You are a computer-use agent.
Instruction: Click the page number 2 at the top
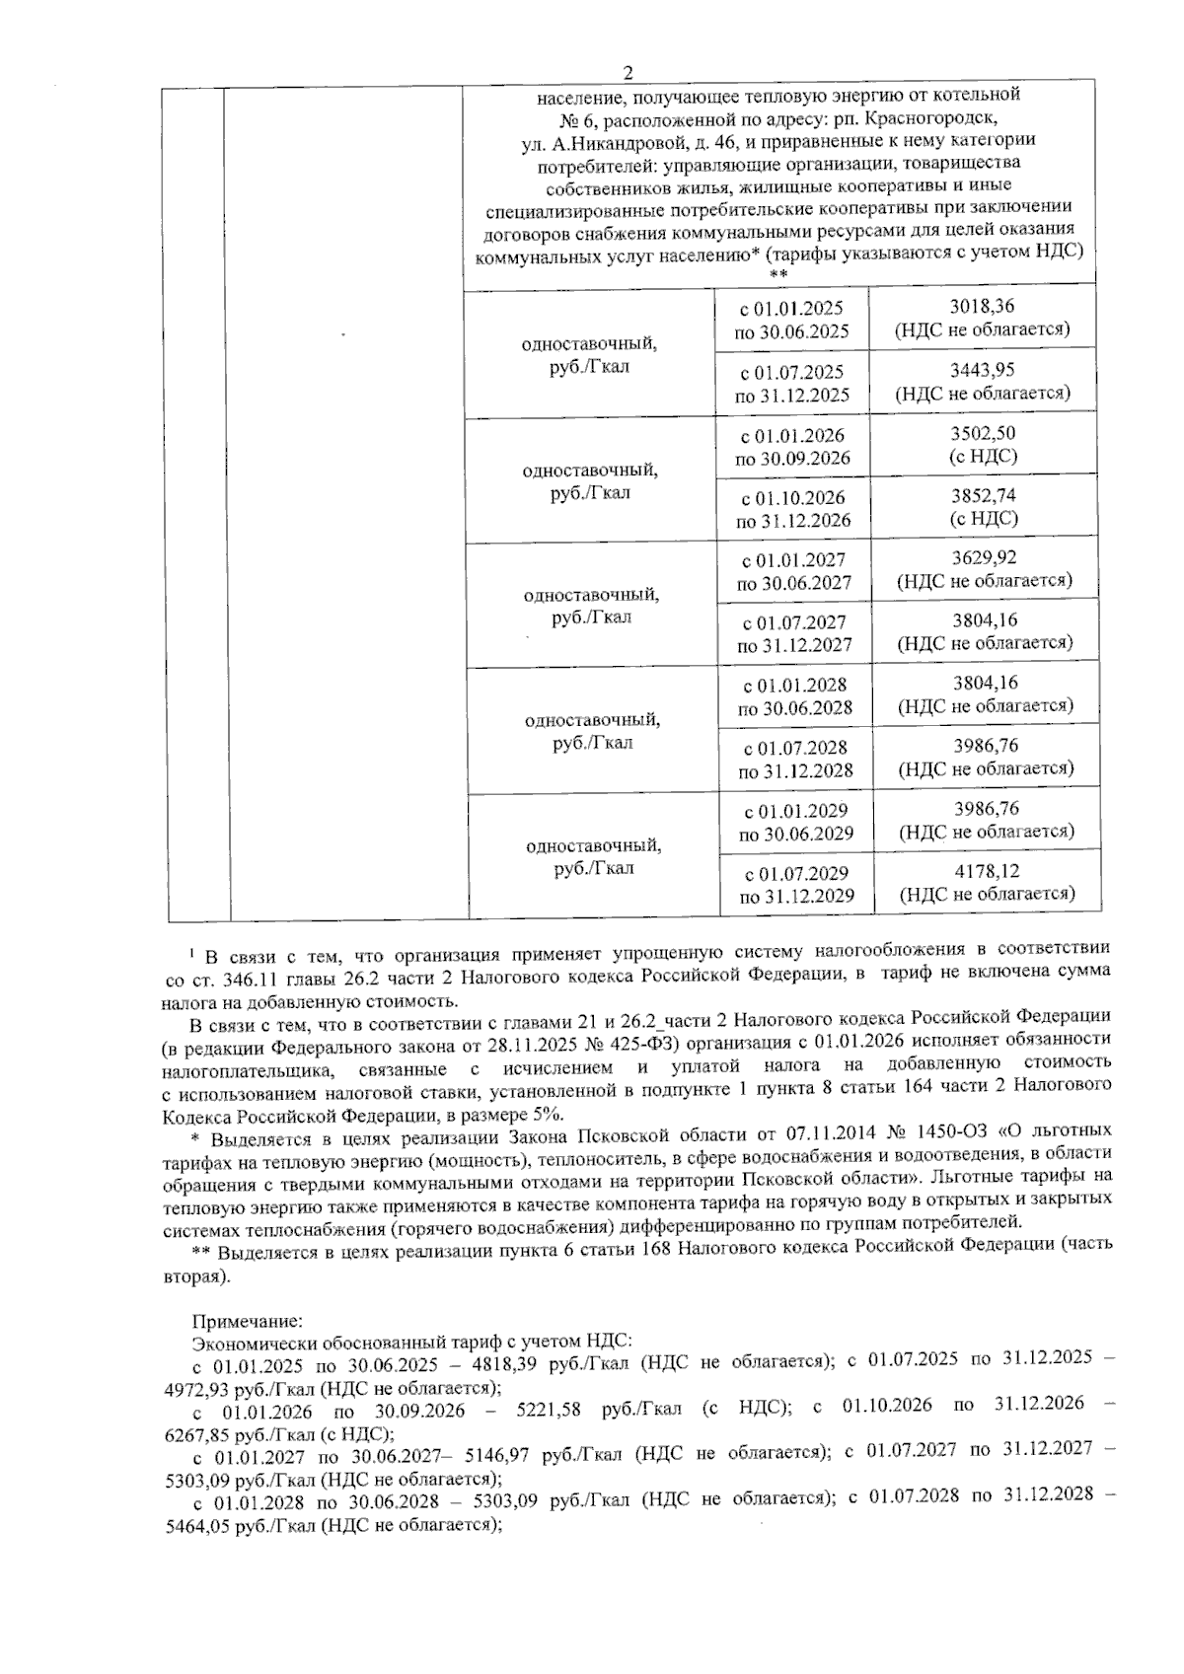coord(628,72)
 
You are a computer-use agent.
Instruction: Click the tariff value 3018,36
coord(982,308)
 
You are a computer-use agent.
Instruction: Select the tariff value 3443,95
coord(983,370)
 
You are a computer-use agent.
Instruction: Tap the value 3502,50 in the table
coord(983,433)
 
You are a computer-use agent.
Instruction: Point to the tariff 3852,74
coord(983,495)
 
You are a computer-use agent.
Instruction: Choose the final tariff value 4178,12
coord(987,871)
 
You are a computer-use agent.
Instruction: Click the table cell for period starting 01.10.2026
coord(793,508)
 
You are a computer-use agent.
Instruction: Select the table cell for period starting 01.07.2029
coord(795,884)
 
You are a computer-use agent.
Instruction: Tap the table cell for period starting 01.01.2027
coord(793,570)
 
